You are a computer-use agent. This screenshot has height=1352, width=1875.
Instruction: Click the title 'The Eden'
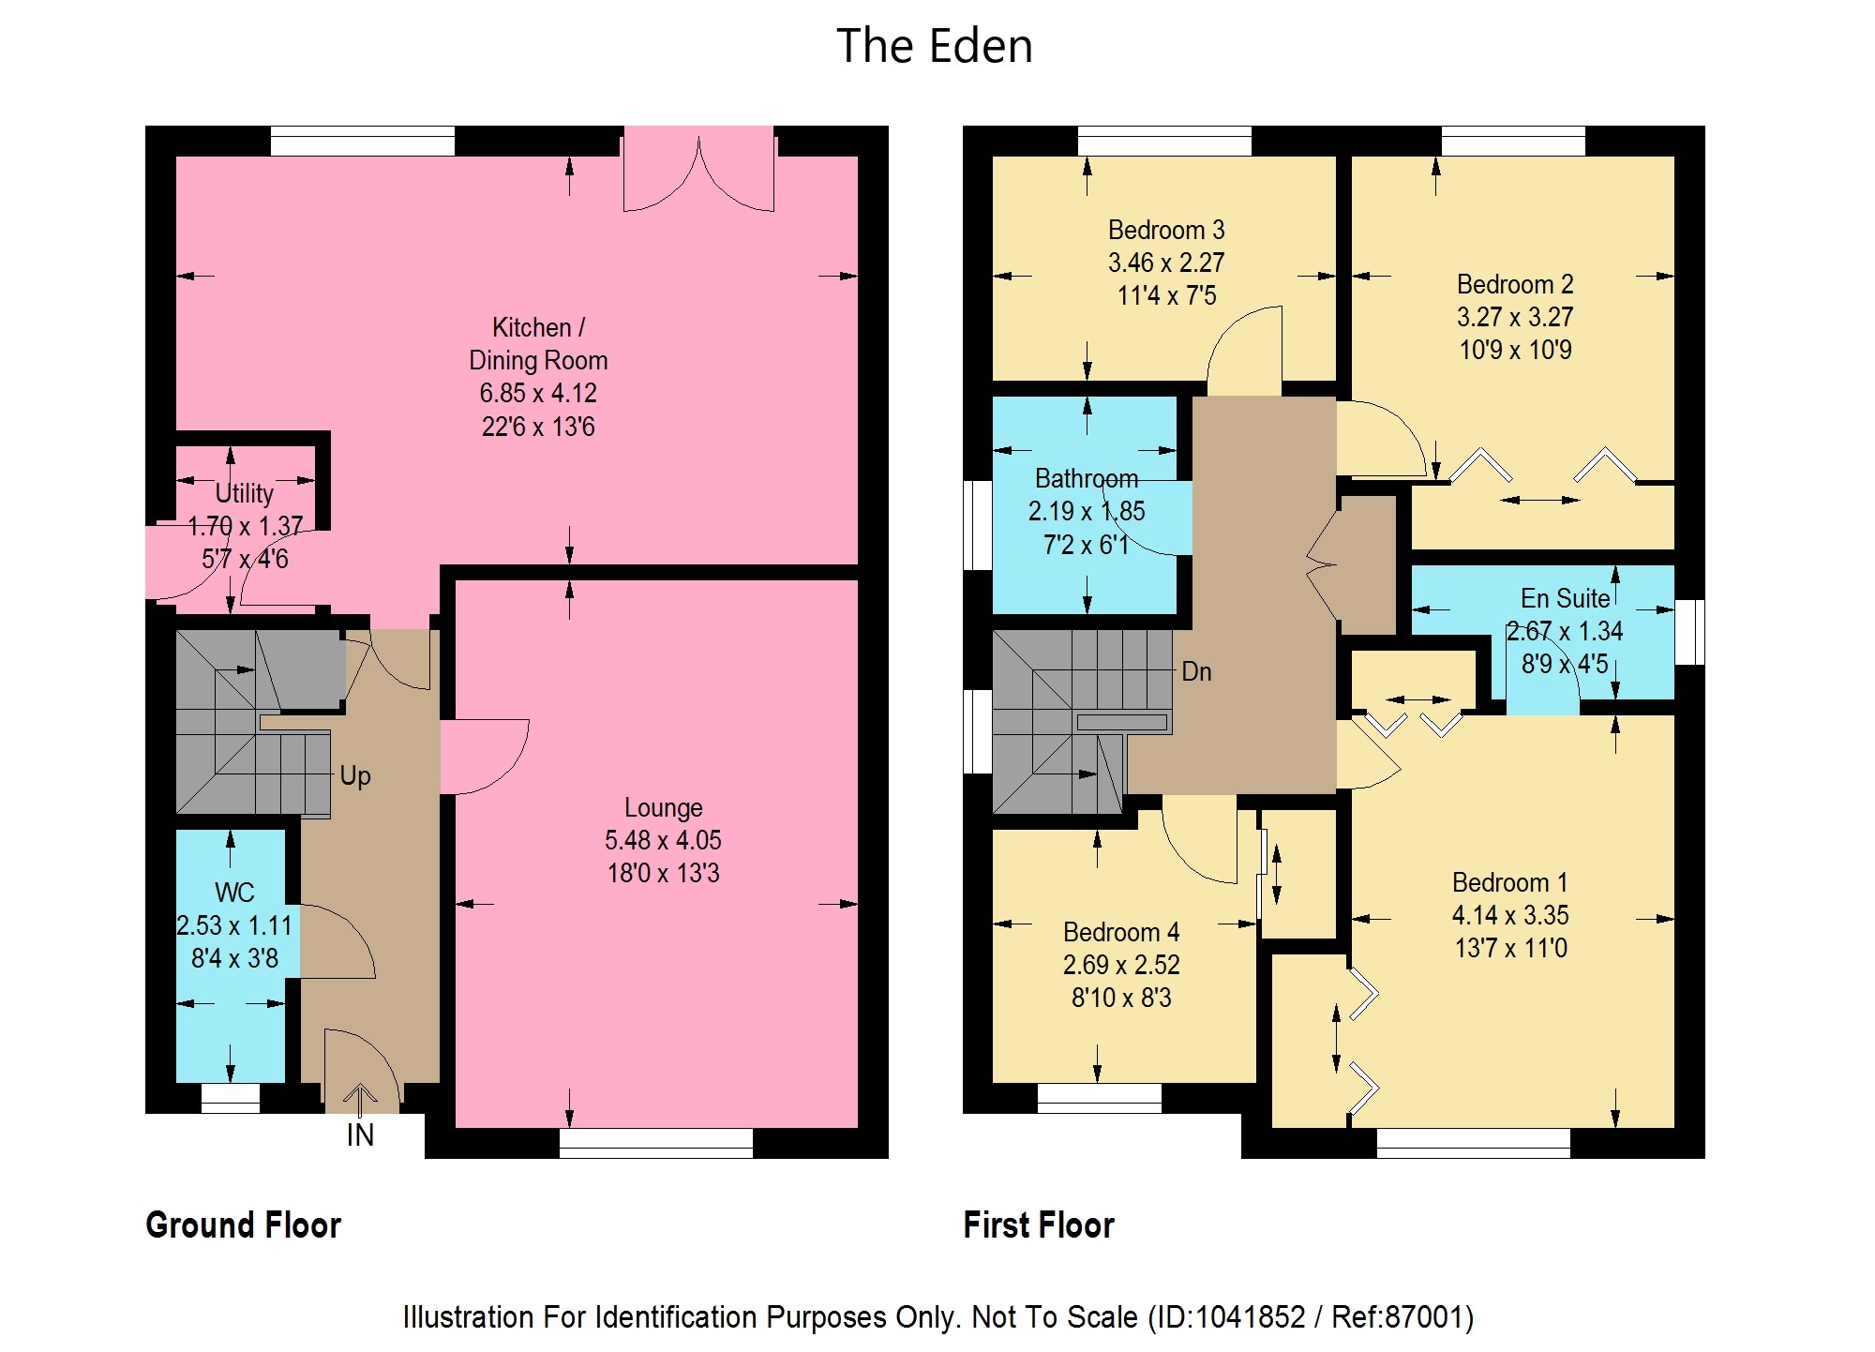[934, 46]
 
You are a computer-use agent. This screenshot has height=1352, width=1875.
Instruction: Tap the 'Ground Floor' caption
[244, 1225]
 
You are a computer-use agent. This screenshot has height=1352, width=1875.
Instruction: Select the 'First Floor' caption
[1039, 1225]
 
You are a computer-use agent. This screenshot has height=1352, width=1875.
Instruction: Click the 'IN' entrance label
[360, 1135]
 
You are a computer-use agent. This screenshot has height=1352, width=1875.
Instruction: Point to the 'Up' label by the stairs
[355, 776]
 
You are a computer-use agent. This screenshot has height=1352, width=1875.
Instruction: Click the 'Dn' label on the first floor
[1196, 671]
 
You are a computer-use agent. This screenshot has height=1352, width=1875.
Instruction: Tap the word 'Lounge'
[663, 808]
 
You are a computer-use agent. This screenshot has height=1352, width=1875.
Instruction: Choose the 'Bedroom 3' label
[1166, 230]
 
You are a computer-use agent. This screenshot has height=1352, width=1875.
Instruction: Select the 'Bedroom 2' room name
[1515, 284]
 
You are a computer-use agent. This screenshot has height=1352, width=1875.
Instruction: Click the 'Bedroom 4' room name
[1121, 932]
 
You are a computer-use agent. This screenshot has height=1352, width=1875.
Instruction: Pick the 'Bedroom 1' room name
[1510, 882]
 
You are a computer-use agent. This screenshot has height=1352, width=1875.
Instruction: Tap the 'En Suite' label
[1565, 598]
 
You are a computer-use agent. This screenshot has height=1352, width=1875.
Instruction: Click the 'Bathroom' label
[1086, 478]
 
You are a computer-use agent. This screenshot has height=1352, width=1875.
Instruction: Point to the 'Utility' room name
[245, 493]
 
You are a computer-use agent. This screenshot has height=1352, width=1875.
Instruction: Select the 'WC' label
[234, 892]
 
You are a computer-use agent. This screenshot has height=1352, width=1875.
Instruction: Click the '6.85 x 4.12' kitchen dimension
[538, 393]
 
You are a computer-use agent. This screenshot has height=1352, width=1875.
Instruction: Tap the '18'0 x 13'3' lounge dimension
[663, 873]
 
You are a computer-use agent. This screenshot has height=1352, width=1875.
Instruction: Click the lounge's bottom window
[656, 1143]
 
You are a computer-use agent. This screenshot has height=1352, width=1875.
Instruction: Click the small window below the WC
[231, 1098]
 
